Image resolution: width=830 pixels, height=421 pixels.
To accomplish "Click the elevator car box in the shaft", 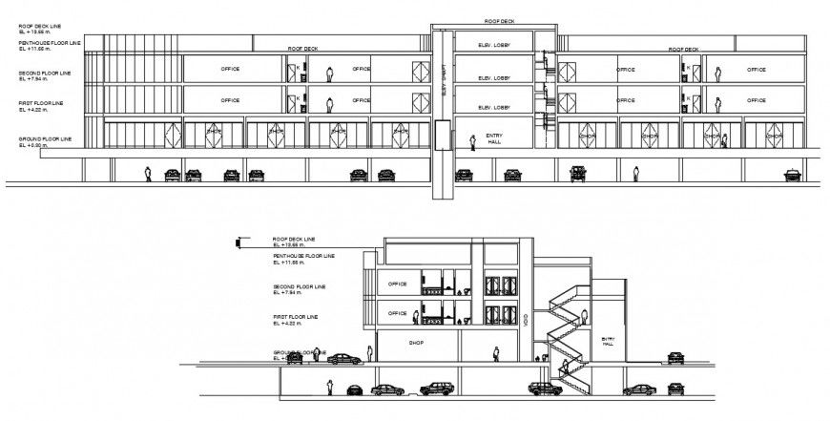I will [x=442, y=136].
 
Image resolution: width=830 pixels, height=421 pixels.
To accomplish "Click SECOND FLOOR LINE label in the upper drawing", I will [x=43, y=74].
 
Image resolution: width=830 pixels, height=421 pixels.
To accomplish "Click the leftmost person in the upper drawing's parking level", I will [x=148, y=173].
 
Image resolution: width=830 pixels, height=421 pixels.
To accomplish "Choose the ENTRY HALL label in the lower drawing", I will [x=608, y=340].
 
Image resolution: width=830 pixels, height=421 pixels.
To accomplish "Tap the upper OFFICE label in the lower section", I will [x=397, y=284].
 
